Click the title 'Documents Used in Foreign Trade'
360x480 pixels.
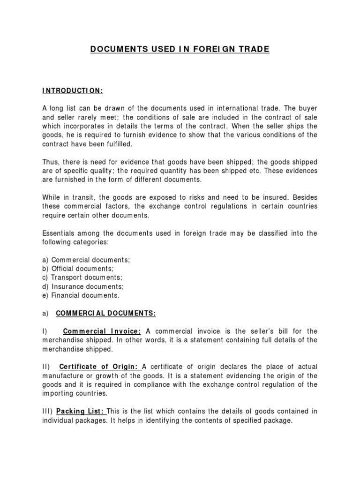tap(180, 49)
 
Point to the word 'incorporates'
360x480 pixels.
tap(83, 126)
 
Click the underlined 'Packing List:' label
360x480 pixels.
tap(81, 411)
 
